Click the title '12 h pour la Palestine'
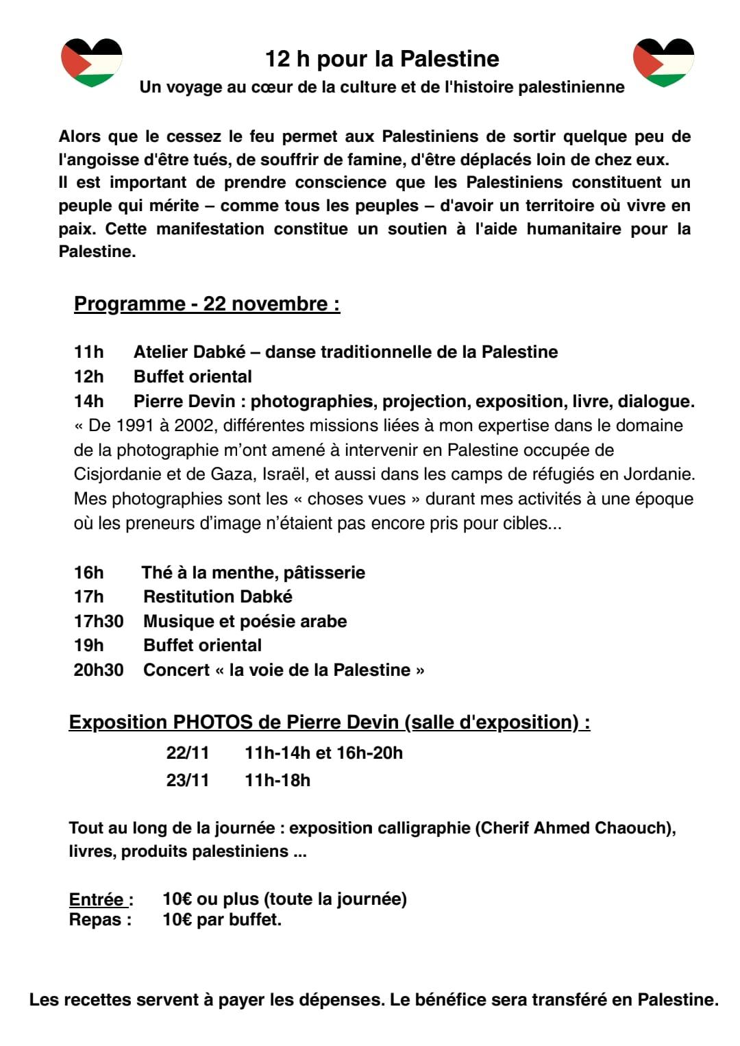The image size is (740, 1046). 382,59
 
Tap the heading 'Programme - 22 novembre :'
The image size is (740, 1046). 207,304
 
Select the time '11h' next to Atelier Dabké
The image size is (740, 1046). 88,352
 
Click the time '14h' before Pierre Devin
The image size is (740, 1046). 88,401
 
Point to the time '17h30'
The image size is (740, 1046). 99,622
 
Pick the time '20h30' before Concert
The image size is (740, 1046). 99,670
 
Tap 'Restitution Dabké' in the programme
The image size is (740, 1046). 218,597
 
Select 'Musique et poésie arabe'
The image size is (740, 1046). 245,622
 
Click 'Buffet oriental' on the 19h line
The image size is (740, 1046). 202,646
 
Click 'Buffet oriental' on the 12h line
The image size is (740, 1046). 193,377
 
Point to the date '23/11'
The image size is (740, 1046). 188,781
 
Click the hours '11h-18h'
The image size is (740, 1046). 277,781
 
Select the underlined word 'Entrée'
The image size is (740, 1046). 97,899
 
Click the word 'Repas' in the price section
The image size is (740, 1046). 97,920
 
